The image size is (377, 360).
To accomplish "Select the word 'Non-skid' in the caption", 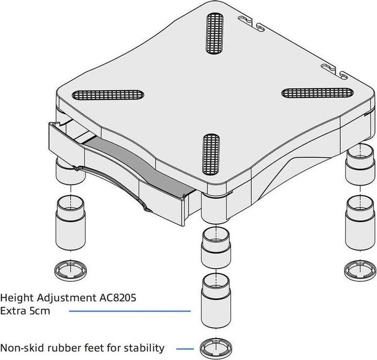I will [x=21, y=347].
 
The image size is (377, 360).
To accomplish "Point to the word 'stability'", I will [x=145, y=347].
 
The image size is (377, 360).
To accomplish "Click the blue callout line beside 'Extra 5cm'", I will [x=137, y=311].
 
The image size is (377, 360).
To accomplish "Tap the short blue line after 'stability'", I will [x=185, y=348].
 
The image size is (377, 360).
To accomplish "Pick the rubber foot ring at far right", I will [x=358, y=270].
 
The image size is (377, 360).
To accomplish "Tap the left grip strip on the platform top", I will [x=108, y=95].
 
